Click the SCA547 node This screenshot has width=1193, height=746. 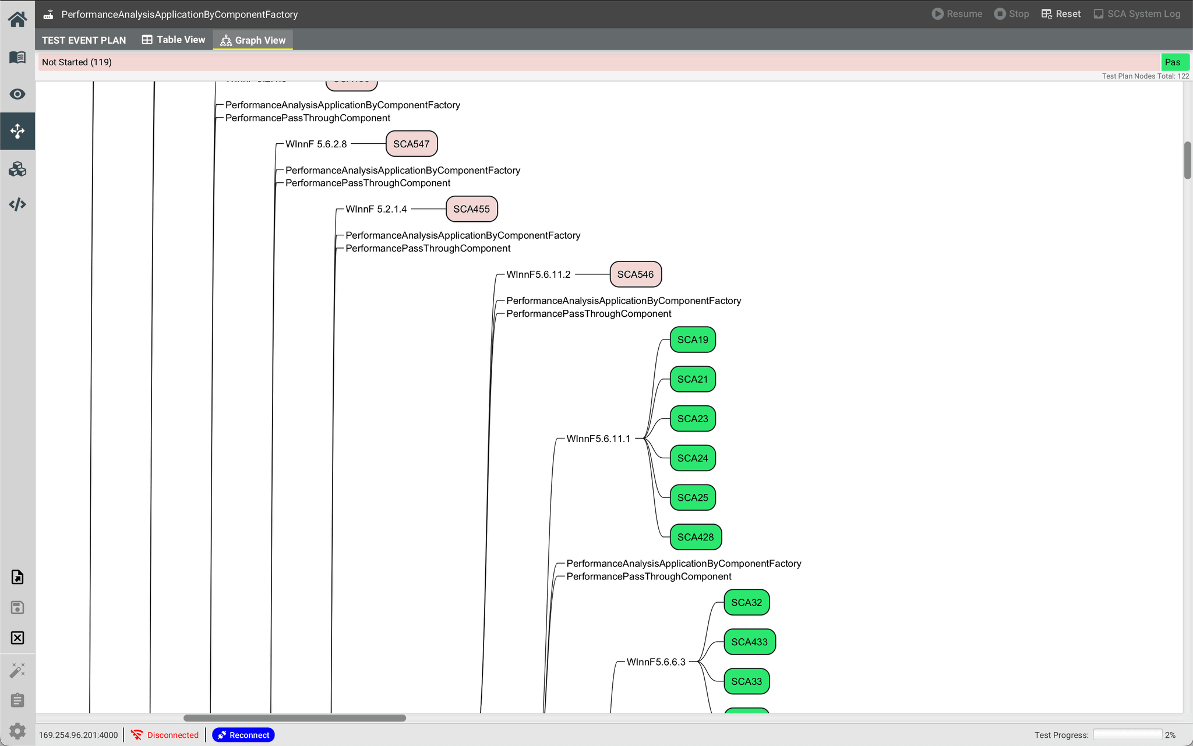coord(411,144)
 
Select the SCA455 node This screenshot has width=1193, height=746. coord(471,209)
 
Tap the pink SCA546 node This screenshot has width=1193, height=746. coord(636,274)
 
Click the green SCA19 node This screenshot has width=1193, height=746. coord(693,340)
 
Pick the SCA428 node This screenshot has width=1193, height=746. coord(696,537)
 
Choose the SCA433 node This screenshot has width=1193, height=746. coord(749,642)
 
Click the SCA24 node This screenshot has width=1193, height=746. coord(693,458)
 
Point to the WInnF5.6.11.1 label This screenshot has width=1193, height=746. coord(598,439)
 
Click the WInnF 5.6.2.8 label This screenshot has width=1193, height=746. coord(316,144)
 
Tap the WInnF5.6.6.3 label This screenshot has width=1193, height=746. coord(656,662)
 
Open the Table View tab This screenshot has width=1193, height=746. coord(174,40)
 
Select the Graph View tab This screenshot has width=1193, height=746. coord(253,40)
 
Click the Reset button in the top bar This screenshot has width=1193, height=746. coord(1061,14)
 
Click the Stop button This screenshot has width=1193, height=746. coord(1012,14)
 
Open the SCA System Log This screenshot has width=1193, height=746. coord(1137,14)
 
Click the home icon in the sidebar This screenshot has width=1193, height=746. coord(17,19)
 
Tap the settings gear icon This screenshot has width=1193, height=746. coord(17,730)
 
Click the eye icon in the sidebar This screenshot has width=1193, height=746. coord(17,94)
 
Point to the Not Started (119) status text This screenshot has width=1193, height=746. coord(77,62)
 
